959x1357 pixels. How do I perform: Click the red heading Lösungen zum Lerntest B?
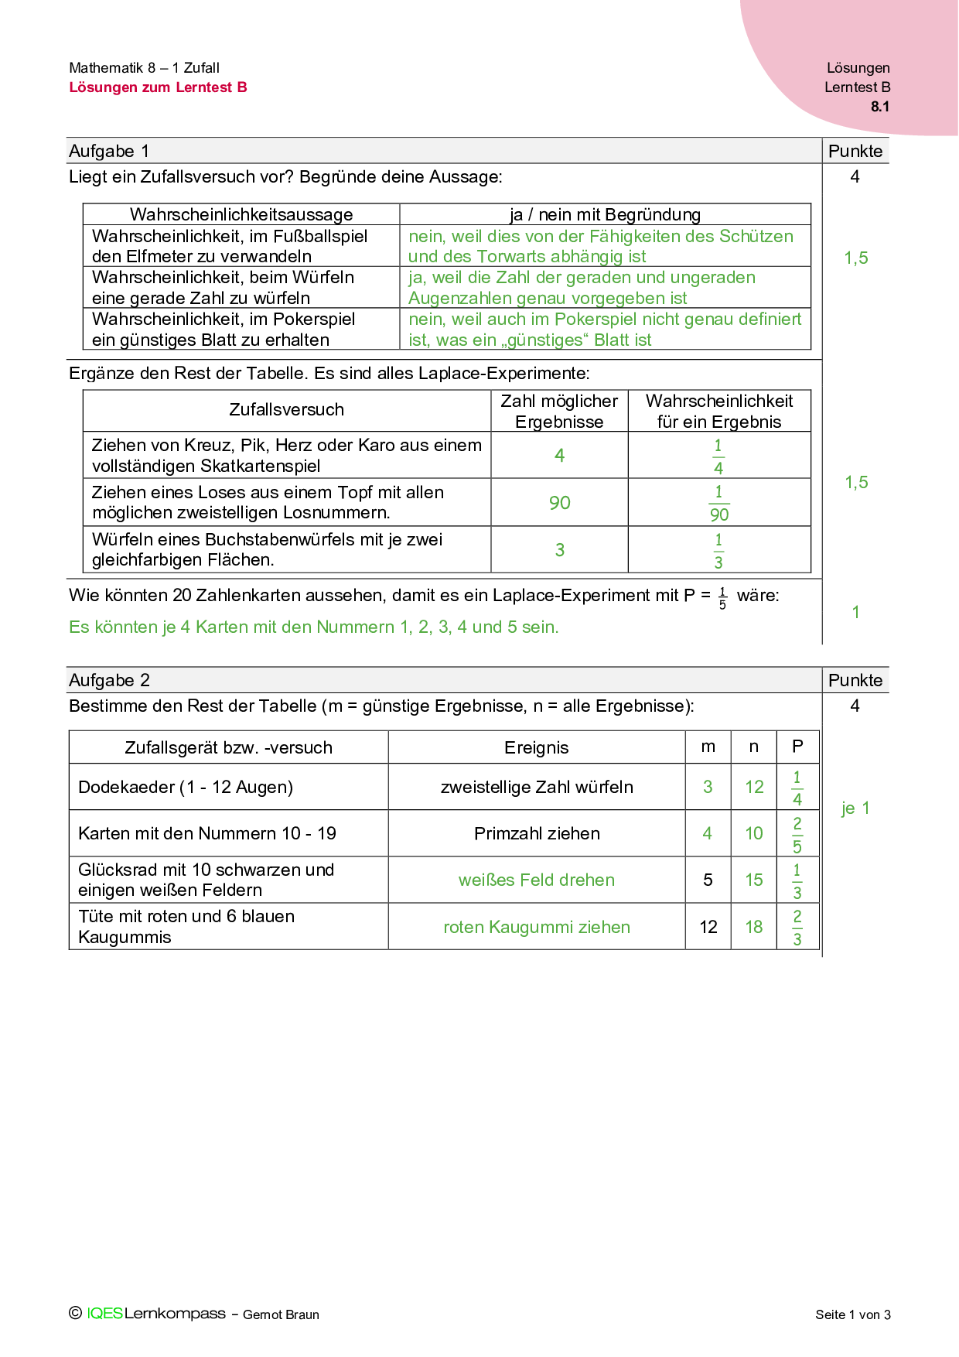[158, 87]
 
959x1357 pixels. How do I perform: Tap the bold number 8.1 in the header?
[880, 107]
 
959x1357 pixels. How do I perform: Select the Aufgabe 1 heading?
[109, 151]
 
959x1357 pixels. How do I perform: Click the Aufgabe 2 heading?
[109, 680]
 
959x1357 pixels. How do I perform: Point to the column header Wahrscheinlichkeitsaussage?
[241, 214]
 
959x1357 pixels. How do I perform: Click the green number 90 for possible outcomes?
[560, 503]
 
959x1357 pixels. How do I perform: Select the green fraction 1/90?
[719, 503]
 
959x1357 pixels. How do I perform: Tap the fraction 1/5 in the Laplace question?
[722, 598]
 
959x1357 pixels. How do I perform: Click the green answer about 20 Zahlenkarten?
[313, 627]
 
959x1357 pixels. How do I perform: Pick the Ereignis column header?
[536, 747]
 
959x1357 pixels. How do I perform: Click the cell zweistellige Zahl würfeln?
[536, 787]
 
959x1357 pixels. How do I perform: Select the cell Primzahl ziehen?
[536, 833]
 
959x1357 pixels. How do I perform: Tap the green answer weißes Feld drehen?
[536, 880]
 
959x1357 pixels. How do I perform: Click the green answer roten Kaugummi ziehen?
[536, 927]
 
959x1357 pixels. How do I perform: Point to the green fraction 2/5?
[797, 834]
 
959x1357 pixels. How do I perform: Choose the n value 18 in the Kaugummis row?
[754, 927]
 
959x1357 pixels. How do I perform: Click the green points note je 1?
[855, 808]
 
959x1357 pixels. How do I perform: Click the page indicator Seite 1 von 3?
[852, 1314]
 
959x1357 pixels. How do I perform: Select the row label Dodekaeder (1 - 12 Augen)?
[186, 787]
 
